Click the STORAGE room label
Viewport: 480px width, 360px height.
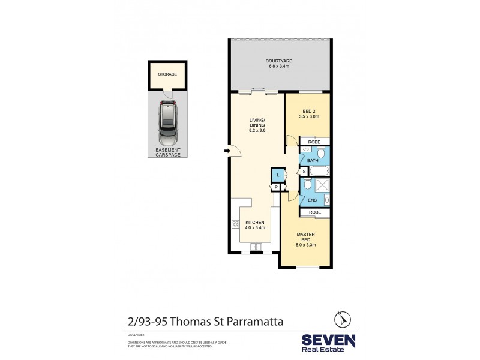point(167,75)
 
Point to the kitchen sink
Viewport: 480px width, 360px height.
point(256,245)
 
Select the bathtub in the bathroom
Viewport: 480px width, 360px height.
point(319,172)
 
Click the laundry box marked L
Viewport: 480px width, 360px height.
point(278,175)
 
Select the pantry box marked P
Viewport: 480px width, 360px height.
point(275,187)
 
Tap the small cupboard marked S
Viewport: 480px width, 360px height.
point(304,172)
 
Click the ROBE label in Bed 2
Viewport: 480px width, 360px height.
point(314,142)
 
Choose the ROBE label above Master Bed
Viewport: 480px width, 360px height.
point(314,212)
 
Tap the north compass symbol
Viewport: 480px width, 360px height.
point(340,319)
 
